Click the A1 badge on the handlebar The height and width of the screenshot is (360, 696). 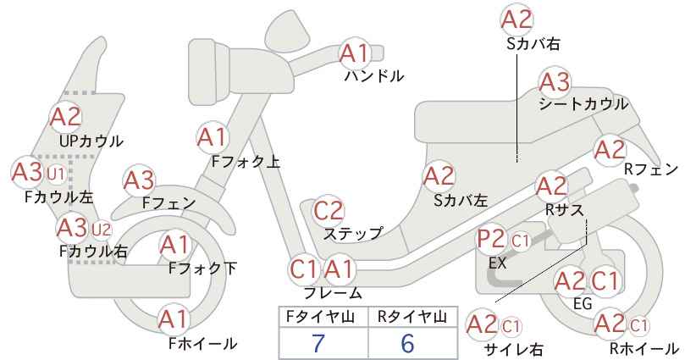pos(355,53)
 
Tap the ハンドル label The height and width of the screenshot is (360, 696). pos(374,76)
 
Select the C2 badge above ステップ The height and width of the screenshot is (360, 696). pos(329,210)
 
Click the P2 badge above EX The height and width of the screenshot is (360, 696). pos(491,240)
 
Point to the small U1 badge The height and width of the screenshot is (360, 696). pos(56,174)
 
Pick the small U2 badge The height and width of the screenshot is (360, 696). pos(102,230)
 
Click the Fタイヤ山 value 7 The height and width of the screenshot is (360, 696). pos(318,342)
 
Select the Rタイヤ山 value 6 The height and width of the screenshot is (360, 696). pos(407,342)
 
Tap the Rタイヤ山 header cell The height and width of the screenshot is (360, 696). pos(412,317)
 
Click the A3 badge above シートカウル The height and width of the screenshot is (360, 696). pos(555,82)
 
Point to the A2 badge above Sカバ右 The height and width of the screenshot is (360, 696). pos(516,20)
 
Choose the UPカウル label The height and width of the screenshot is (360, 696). pos(91,141)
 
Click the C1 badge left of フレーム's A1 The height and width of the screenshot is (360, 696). pos(305,269)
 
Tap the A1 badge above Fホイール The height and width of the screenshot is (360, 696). pos(174,319)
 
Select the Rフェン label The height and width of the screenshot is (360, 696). pos(651,169)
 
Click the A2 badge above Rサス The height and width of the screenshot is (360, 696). pos(551,186)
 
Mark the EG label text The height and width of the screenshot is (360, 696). pos(583,303)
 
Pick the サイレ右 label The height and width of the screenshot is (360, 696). pos(514,350)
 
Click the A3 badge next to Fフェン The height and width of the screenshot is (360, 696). pos(139,180)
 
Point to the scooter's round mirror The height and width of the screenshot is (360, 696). pos(288,30)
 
